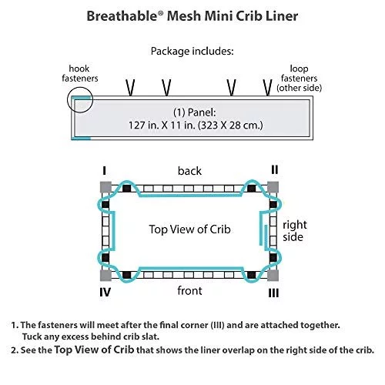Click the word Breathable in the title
(122, 16)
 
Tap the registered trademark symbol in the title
(160, 13)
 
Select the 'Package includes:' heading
(192, 52)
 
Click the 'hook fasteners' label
(80, 73)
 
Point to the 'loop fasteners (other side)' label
(299, 79)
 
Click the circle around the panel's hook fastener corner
(68, 99)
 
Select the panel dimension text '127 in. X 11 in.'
(162, 126)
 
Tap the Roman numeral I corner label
(104, 171)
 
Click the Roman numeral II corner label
(275, 169)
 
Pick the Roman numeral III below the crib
(273, 293)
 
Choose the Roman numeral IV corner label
(105, 293)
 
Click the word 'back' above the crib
(189, 171)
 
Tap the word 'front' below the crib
(189, 291)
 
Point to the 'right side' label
(295, 231)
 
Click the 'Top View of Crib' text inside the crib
(189, 229)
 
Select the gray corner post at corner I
(105, 187)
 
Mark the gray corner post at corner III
(273, 275)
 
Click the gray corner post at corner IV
(105, 275)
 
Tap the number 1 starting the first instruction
(14, 326)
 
